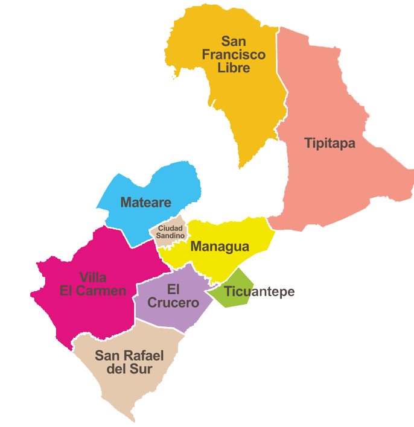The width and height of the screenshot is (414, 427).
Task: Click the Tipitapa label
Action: pos(330,144)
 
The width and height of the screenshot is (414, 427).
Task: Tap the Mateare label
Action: pos(146,202)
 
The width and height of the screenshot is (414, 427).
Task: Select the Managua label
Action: pos(220,247)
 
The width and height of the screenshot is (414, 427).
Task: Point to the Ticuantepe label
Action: pos(260,292)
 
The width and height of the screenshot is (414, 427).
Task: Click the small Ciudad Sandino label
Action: pos(171,232)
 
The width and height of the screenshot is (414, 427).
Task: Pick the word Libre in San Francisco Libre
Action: pos(234,68)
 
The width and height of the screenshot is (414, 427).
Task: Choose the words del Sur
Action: pos(129,369)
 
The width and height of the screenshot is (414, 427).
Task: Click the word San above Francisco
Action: pos(234,41)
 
